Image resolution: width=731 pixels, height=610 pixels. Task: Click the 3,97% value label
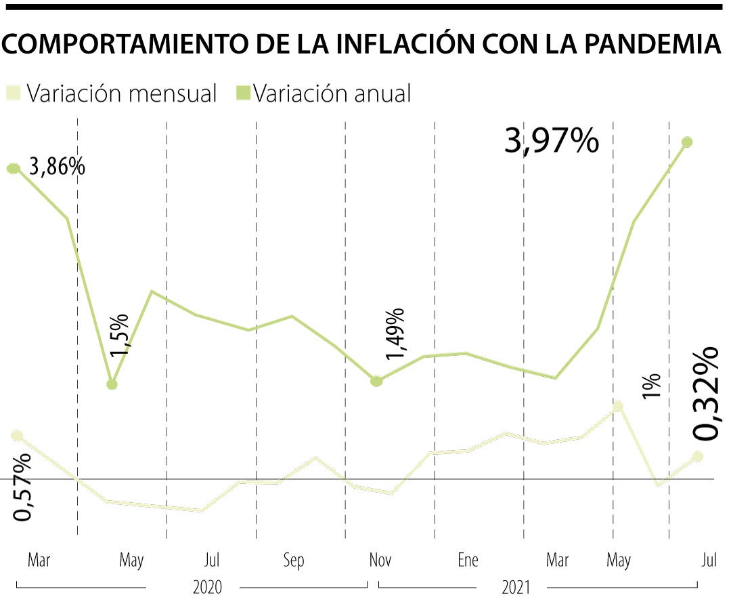coord(552,142)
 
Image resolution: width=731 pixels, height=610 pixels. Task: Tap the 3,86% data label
coord(57,166)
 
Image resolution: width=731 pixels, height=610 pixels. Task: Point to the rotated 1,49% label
coord(395,333)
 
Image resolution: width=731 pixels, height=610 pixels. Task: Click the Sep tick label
coord(294,561)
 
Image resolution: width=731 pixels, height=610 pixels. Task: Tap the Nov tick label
coord(380,561)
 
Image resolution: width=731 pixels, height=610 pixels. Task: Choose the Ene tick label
coord(467,561)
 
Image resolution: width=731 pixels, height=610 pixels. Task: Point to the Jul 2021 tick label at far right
coord(709,561)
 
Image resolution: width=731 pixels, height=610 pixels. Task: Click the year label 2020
coord(207,587)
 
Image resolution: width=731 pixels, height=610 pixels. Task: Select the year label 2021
coord(516,587)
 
